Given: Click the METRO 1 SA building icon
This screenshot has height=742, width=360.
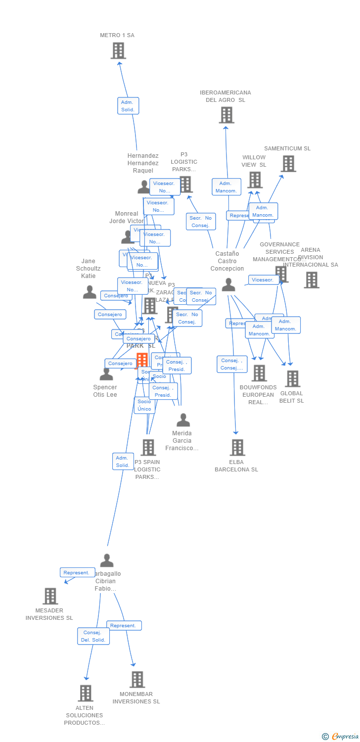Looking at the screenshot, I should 118,50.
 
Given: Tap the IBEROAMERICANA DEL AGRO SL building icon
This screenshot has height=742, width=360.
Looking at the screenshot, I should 226,115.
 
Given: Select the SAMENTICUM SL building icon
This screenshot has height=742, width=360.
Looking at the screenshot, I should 288,163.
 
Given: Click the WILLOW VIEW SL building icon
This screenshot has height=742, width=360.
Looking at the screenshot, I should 255,180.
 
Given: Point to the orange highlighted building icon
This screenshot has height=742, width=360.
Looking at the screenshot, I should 142,360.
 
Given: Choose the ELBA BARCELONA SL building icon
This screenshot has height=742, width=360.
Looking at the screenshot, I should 237,447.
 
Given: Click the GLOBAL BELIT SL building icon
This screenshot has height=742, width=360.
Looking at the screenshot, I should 292,378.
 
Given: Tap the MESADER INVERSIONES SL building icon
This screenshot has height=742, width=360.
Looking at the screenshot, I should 50,596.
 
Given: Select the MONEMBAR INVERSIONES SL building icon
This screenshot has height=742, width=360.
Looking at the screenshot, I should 137,679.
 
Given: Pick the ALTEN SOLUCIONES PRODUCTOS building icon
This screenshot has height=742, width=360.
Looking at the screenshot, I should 86,693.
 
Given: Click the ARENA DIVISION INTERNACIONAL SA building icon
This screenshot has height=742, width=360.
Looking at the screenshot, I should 311,280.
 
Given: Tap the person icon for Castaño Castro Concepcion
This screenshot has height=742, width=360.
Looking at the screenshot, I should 228,285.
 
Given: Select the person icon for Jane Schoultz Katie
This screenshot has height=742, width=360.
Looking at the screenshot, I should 90,292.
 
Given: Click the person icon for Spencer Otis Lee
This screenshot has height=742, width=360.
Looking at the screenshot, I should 106,374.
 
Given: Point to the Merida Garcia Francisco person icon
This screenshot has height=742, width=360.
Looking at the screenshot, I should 183,420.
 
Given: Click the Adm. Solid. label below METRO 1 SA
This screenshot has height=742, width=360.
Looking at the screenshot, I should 128,106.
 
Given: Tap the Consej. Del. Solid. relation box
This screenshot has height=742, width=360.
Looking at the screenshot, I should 93,636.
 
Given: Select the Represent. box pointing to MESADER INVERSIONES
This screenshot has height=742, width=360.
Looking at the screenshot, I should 77,572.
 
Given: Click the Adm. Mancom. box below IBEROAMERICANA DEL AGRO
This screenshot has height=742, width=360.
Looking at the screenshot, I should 226,187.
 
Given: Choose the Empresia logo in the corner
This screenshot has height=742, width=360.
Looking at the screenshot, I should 341,737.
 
